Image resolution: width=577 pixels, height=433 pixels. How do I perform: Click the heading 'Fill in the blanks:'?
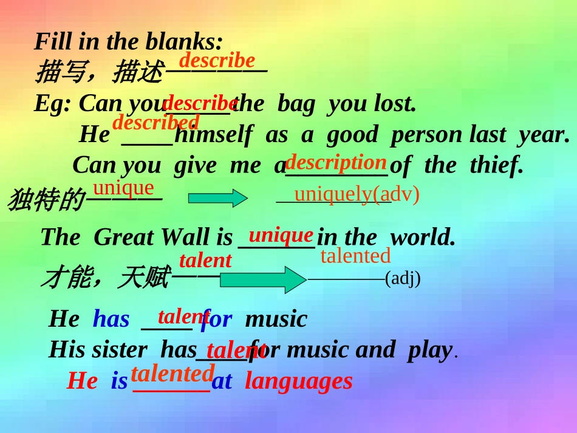(x=129, y=41)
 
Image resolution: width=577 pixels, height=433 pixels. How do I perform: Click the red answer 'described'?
(x=155, y=122)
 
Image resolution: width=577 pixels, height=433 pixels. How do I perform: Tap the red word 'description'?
(x=336, y=162)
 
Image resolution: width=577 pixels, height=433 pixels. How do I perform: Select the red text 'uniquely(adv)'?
(x=357, y=194)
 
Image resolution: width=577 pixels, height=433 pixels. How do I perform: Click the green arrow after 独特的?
(x=217, y=199)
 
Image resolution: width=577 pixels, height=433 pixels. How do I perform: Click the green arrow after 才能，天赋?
(x=262, y=279)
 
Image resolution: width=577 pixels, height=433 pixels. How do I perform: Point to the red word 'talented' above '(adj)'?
(x=355, y=256)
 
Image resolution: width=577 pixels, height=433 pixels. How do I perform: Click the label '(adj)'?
(x=403, y=278)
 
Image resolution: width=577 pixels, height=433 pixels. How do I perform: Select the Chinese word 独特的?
(x=46, y=200)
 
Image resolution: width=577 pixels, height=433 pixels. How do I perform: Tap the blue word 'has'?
(x=111, y=319)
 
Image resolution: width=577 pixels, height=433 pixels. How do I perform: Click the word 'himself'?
(x=213, y=135)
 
